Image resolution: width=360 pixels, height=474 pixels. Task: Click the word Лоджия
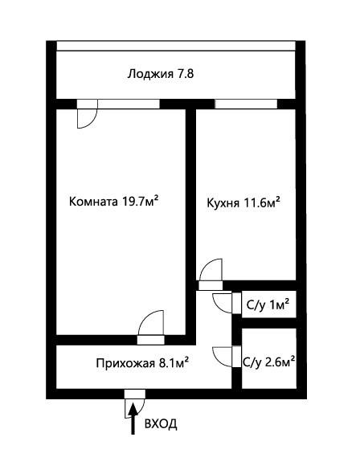(x=150, y=74)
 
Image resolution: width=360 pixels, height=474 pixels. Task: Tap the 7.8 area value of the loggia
(x=185, y=74)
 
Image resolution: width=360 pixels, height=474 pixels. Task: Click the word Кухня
(x=224, y=202)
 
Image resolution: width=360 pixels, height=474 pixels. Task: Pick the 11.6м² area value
(x=261, y=202)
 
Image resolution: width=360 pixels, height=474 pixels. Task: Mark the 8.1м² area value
(x=170, y=362)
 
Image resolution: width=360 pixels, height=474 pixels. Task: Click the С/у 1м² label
(x=268, y=304)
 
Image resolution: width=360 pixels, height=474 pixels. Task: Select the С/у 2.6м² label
(x=268, y=362)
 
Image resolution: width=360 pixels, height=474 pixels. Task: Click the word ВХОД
(x=161, y=423)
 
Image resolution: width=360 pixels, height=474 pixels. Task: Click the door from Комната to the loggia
(x=87, y=113)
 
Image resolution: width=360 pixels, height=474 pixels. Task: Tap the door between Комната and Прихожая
(x=151, y=327)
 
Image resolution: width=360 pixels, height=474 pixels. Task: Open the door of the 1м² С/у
(x=224, y=304)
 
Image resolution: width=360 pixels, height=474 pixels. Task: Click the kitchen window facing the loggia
(x=246, y=103)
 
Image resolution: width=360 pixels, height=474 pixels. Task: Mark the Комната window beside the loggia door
(x=129, y=103)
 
